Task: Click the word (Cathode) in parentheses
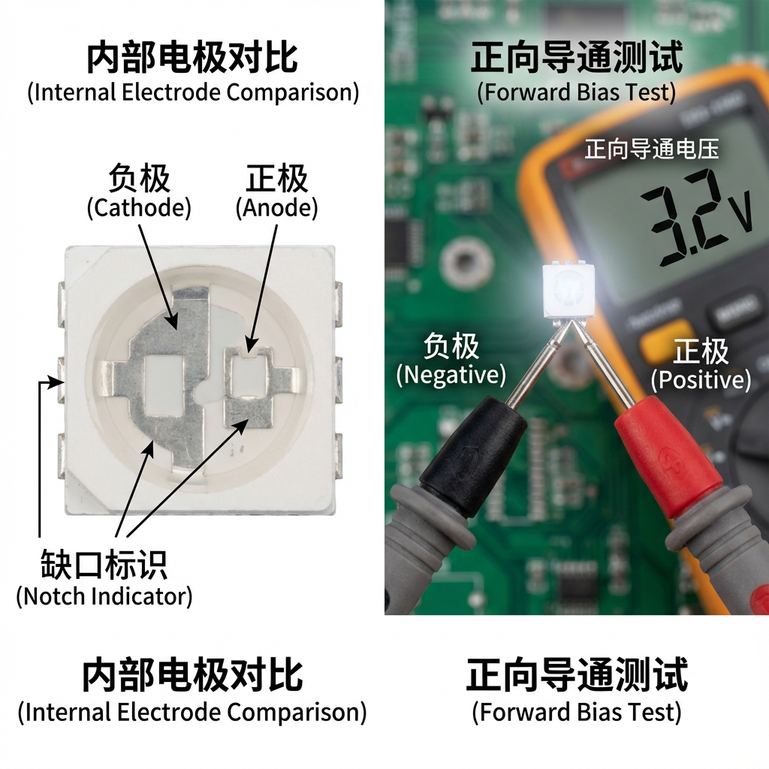coord(139,207)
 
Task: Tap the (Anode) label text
coord(276,207)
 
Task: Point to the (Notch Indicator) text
coord(104,597)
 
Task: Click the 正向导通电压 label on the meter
coord(652,149)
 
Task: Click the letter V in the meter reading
coord(739,216)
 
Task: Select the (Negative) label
coord(451,374)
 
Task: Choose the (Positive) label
coord(700,380)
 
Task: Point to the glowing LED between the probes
coord(567,289)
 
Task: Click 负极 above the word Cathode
coord(139,179)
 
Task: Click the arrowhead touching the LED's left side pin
coord(56,381)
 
